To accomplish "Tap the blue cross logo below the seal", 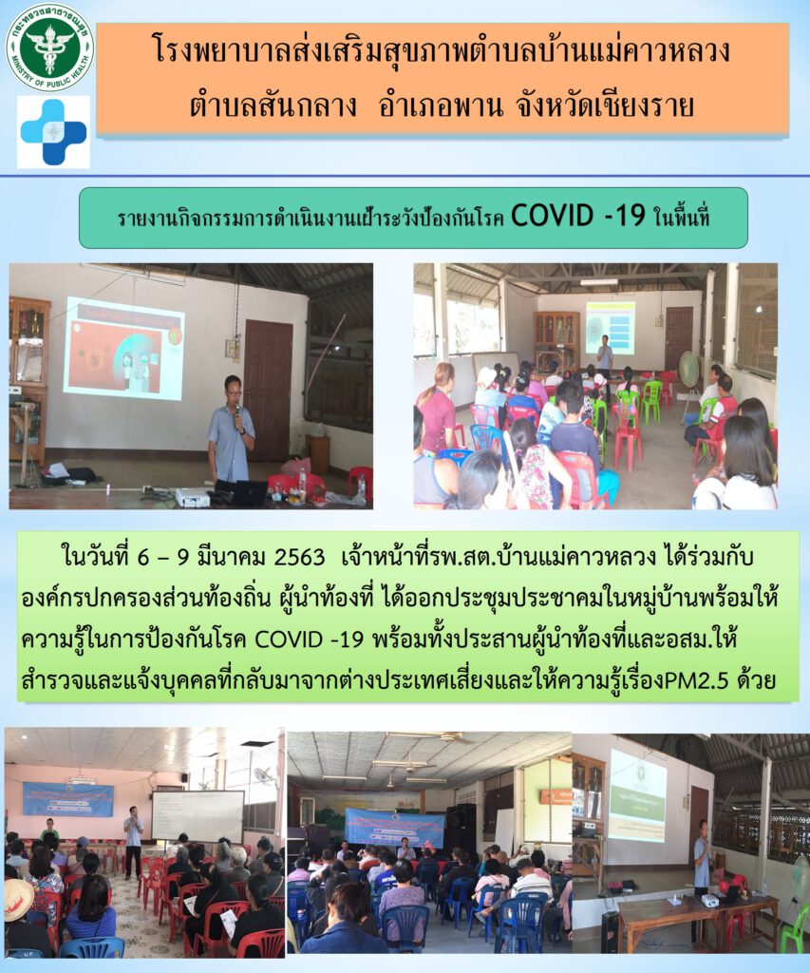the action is click(x=53, y=132).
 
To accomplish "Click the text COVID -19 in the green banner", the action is click(x=578, y=217).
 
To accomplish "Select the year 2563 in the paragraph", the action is click(x=299, y=557).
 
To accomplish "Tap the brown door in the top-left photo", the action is click(x=268, y=390).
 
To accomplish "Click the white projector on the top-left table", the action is click(x=193, y=496).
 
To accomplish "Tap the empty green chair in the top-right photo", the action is click(x=651, y=401).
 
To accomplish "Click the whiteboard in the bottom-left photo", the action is click(x=198, y=816).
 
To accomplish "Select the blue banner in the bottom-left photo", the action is click(x=68, y=799).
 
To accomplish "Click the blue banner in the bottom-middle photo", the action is click(x=394, y=828).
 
